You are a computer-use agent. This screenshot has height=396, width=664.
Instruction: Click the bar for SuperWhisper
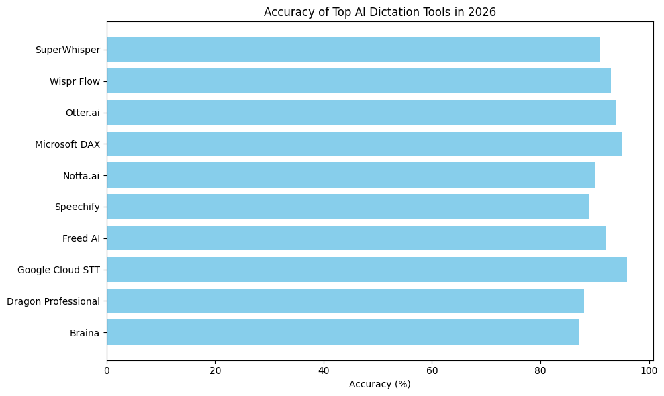click(353, 50)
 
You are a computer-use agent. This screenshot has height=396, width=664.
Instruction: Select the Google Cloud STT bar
click(367, 270)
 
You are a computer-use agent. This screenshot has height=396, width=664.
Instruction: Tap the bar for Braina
click(342, 332)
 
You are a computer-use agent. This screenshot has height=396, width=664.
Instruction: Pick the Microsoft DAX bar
click(364, 144)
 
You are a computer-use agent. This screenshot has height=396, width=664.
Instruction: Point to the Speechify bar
click(348, 207)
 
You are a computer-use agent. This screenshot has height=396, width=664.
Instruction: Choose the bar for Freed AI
click(356, 238)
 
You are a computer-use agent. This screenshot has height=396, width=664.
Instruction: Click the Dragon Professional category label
click(53, 301)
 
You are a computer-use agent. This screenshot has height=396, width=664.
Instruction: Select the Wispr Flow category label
click(75, 81)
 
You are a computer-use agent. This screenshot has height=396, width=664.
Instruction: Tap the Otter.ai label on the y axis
click(83, 113)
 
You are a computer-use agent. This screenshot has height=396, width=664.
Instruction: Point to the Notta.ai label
click(81, 176)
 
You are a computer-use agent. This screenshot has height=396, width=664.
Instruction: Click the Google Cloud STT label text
click(58, 270)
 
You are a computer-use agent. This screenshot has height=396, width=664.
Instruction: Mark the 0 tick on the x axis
click(107, 369)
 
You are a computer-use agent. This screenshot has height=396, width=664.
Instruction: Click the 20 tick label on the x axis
click(215, 369)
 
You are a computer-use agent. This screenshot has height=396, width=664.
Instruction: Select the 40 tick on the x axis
click(324, 369)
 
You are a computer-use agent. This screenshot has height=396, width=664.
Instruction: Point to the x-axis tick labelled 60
click(432, 369)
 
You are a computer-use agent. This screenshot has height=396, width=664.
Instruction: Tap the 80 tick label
click(540, 369)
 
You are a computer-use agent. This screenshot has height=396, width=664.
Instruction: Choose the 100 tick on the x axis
click(649, 369)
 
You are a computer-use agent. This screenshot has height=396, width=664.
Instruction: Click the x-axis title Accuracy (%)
click(379, 384)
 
